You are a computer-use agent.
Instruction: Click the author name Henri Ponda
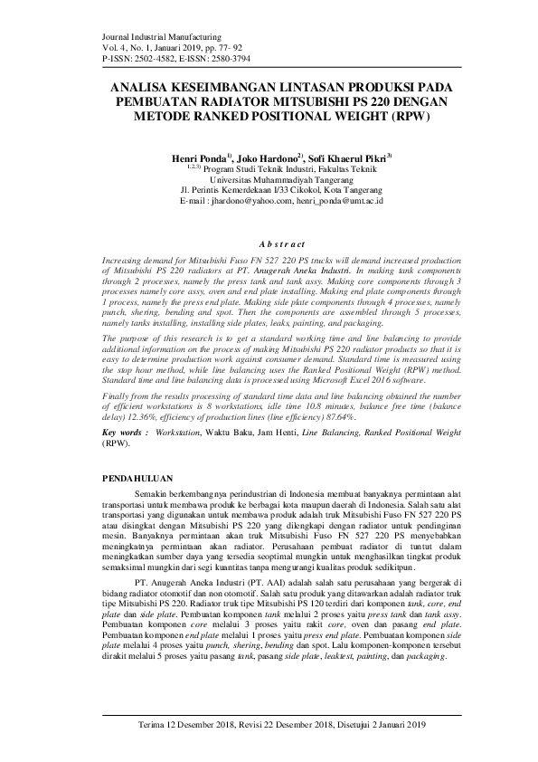coord(196,158)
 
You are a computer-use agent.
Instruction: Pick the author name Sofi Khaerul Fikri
coord(348,158)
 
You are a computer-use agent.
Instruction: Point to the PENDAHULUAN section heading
coord(143,477)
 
